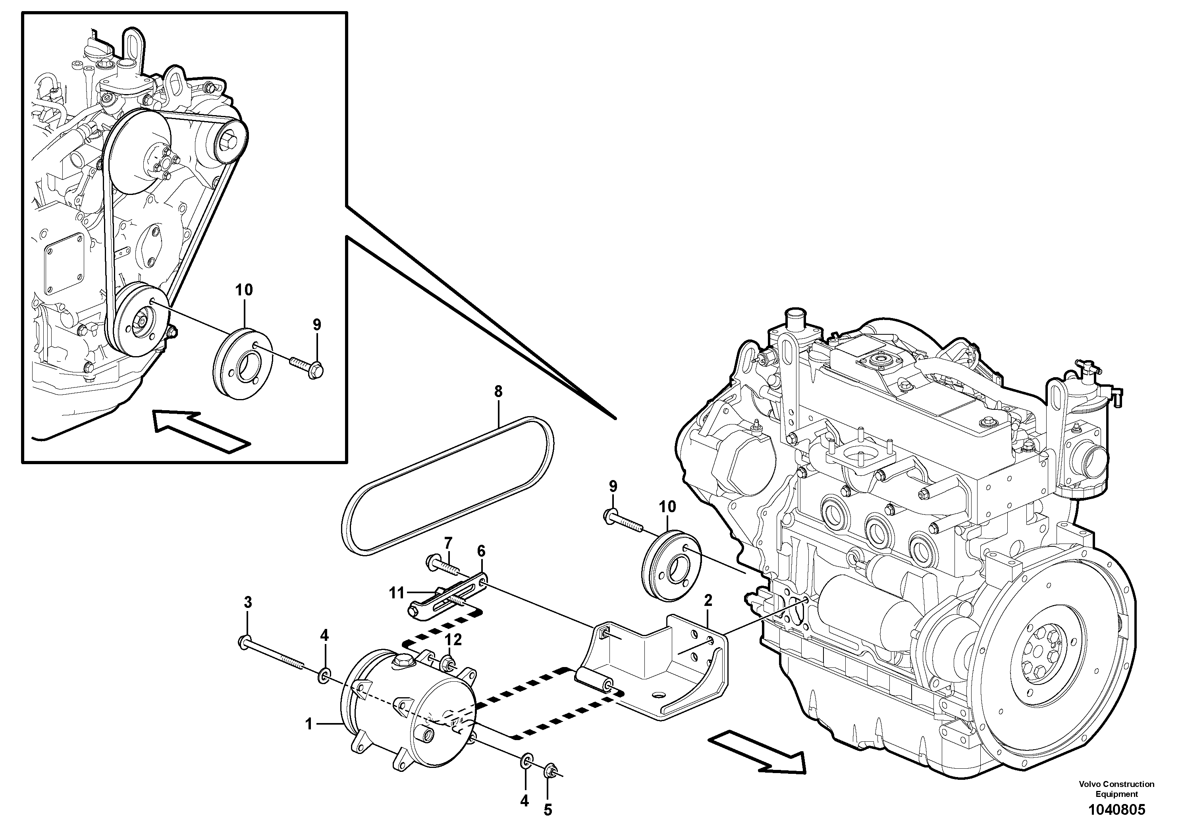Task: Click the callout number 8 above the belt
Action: pos(498,392)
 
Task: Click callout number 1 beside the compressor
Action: pos(309,724)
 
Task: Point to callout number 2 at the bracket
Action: pos(708,600)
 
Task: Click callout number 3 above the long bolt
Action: pos(248,602)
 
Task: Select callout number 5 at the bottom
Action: pos(548,810)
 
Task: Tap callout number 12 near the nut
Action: pos(453,640)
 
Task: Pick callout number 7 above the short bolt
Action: pos(448,543)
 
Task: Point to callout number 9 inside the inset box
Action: pos(316,325)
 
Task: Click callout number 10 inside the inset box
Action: pos(244,290)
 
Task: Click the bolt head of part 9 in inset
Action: pos(316,371)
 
